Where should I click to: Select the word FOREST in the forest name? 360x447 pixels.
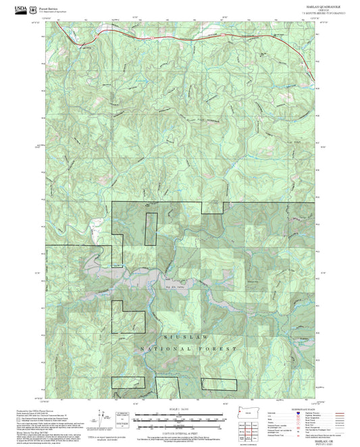(x=220, y=348)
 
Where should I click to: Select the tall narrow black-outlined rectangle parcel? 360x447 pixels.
(x=151, y=228)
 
